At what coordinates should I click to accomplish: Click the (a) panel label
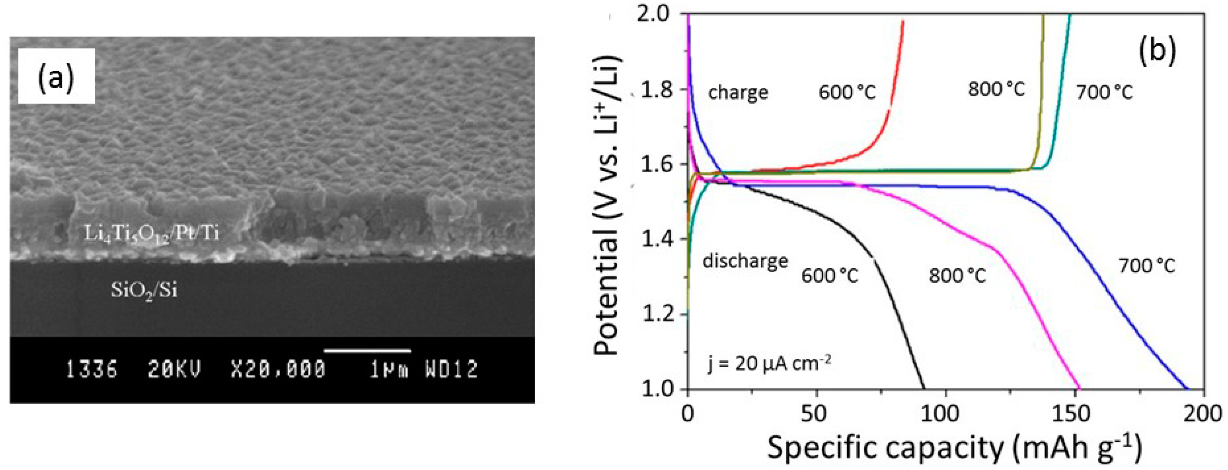tap(56, 76)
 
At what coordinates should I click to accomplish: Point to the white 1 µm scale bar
tap(367, 351)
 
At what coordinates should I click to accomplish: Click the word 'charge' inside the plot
tap(738, 92)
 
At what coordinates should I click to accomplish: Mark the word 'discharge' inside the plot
tap(745, 261)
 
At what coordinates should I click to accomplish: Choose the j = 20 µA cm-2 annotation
tap(769, 365)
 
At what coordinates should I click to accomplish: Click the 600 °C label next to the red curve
tap(847, 92)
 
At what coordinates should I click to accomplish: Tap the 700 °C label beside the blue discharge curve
tap(1147, 266)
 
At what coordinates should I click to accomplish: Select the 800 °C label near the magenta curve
tap(957, 276)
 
